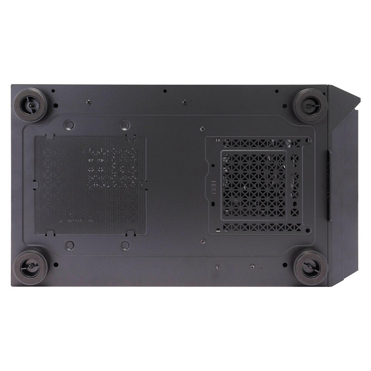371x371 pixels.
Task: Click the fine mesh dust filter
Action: coord(89,185)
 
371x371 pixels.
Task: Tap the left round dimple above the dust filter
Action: coord(69,125)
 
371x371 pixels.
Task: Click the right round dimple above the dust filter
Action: coord(124,125)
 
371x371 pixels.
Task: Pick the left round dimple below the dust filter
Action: coord(70,245)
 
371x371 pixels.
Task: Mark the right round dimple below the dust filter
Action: coord(125,245)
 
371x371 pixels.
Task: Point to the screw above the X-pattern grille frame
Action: coord(201,128)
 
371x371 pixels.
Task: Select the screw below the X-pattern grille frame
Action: coord(202,242)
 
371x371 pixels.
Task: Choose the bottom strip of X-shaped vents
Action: coord(263,227)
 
